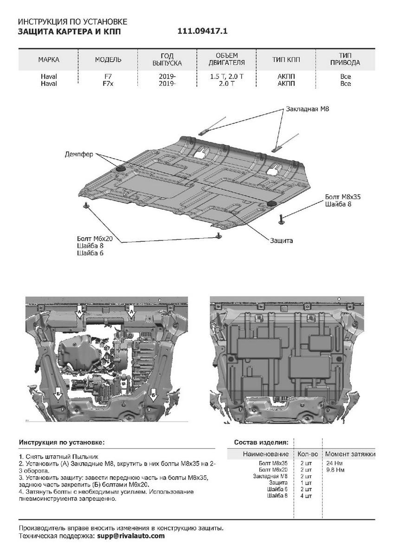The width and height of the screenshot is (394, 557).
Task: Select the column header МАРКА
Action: pos(49,60)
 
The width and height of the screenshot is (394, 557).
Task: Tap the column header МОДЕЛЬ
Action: pos(108,60)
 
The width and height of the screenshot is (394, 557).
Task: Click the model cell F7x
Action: pos(108,84)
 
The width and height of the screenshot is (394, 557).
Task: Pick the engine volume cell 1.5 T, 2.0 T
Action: pos(226,77)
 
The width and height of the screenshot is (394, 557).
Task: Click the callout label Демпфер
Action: pos(79,154)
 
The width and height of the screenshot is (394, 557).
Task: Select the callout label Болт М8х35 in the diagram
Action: pos(343,196)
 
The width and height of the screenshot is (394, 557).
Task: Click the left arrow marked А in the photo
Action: pos(79,311)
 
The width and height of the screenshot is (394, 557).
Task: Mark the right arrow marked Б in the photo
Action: pos(153,395)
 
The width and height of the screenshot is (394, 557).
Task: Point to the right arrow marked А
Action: pos(132,311)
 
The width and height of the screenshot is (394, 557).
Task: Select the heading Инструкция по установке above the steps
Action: pos(62,442)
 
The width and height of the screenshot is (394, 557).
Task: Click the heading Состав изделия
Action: pos(261,442)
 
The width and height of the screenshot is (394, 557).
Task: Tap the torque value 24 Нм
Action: pos(334,463)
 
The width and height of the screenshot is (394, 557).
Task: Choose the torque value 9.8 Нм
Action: pos(335,470)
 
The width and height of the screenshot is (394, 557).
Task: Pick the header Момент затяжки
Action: pos(350,454)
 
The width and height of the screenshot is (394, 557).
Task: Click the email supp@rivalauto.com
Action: pos(130,536)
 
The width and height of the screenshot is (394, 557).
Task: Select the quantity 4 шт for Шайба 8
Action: pos(306,496)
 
